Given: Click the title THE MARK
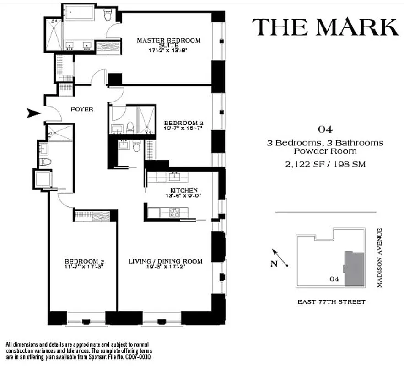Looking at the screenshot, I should (x=325, y=27).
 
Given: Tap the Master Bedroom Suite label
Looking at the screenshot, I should (x=168, y=43).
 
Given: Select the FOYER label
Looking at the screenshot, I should (x=82, y=109).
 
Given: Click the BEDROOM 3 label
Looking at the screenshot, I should (x=183, y=123).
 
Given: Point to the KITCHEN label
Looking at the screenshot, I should (x=183, y=190).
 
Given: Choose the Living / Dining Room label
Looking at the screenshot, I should (x=165, y=261).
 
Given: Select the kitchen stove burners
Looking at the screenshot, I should (x=175, y=212).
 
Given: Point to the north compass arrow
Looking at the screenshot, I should (x=280, y=258).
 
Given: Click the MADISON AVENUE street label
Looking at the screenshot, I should (x=379, y=258).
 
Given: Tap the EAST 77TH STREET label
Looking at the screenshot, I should (x=331, y=302).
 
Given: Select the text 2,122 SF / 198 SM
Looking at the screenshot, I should (x=325, y=164).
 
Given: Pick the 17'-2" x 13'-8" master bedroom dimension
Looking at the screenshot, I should (x=168, y=51).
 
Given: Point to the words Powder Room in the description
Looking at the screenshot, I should (x=325, y=151).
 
